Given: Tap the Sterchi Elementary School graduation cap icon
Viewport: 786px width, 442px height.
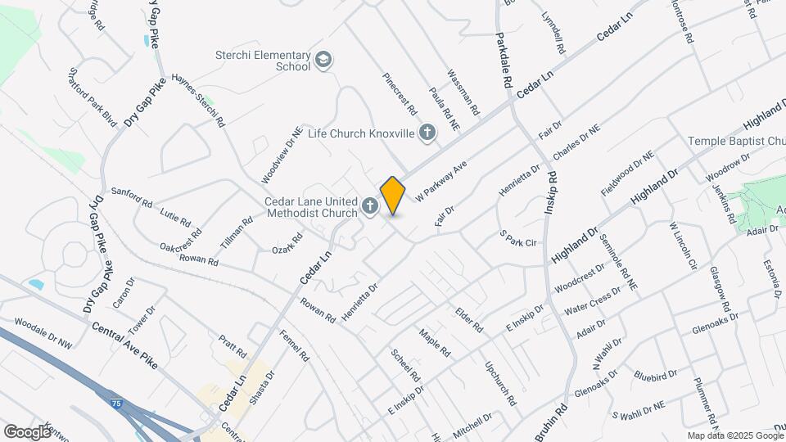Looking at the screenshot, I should pyautogui.click(x=323, y=59).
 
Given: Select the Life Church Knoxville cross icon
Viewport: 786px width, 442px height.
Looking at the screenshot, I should pyautogui.click(x=427, y=133).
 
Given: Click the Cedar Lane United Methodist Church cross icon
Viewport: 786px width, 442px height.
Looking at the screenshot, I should pyautogui.click(x=370, y=206).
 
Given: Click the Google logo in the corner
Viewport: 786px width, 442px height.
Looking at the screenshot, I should pyautogui.click(x=28, y=431).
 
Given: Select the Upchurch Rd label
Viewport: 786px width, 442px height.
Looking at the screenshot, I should pyautogui.click(x=500, y=384).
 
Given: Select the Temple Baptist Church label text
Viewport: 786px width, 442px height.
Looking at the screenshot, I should pyautogui.click(x=735, y=142).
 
